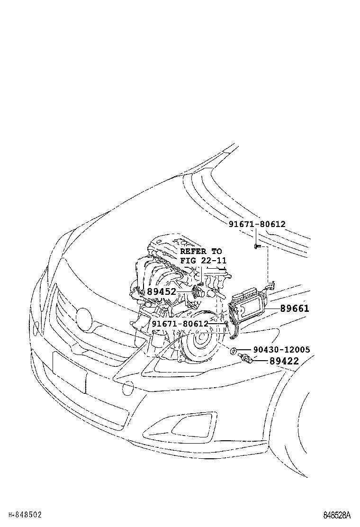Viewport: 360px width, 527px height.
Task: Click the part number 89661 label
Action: coord(294,309)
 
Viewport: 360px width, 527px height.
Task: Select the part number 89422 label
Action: coord(284,361)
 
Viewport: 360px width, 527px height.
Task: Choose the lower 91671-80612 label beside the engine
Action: coord(180,324)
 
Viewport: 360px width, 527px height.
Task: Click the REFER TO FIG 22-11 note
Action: coord(203,256)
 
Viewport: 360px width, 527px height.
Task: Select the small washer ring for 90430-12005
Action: coord(234,351)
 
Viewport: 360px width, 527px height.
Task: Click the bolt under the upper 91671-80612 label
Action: coord(256,246)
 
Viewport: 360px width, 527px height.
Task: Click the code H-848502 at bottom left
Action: coord(25,514)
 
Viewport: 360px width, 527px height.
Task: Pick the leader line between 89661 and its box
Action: coord(272,309)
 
